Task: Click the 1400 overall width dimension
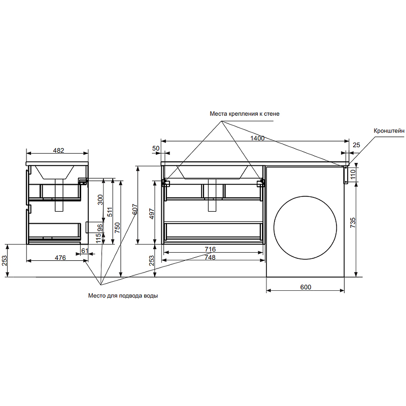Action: [x=257, y=138]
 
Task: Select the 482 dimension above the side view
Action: [x=59, y=150]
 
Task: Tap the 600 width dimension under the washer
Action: [x=306, y=287]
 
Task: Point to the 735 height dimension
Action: [x=353, y=222]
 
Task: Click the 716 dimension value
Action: [x=210, y=249]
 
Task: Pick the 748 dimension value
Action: [x=210, y=257]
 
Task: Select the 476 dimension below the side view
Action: [x=60, y=258]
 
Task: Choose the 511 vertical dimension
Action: [x=109, y=212]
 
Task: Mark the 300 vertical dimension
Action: [x=100, y=200]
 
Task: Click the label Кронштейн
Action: [x=389, y=131]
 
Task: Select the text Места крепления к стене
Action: [x=245, y=114]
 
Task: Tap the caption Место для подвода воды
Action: [x=123, y=296]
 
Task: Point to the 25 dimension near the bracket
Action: [x=356, y=146]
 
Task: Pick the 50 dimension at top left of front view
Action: [x=156, y=148]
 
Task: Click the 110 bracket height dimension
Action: [x=353, y=175]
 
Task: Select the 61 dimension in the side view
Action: [x=85, y=251]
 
